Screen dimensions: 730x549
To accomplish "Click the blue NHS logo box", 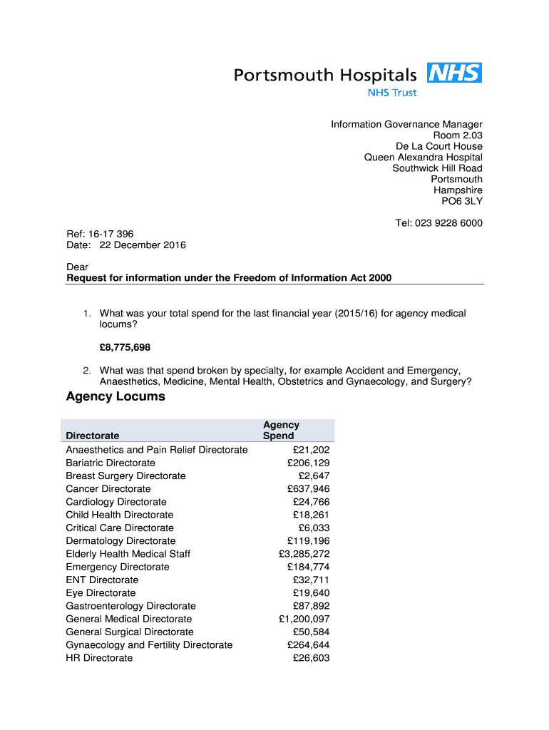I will click(454, 73).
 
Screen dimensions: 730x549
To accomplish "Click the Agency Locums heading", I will click(116, 396).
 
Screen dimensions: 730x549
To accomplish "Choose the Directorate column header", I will click(93, 436).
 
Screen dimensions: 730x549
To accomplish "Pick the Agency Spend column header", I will click(281, 430).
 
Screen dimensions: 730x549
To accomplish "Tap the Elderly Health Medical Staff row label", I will click(128, 554).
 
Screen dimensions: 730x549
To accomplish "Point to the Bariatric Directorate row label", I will click(110, 463).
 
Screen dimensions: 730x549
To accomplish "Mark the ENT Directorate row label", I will click(102, 580).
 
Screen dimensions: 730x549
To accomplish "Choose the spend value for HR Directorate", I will click(312, 658).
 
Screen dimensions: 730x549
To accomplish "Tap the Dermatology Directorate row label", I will click(120, 541).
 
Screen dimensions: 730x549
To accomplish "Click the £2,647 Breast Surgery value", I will click(314, 475).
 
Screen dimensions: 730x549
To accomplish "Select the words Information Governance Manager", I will click(406, 124).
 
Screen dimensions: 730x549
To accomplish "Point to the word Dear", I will click(78, 267).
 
